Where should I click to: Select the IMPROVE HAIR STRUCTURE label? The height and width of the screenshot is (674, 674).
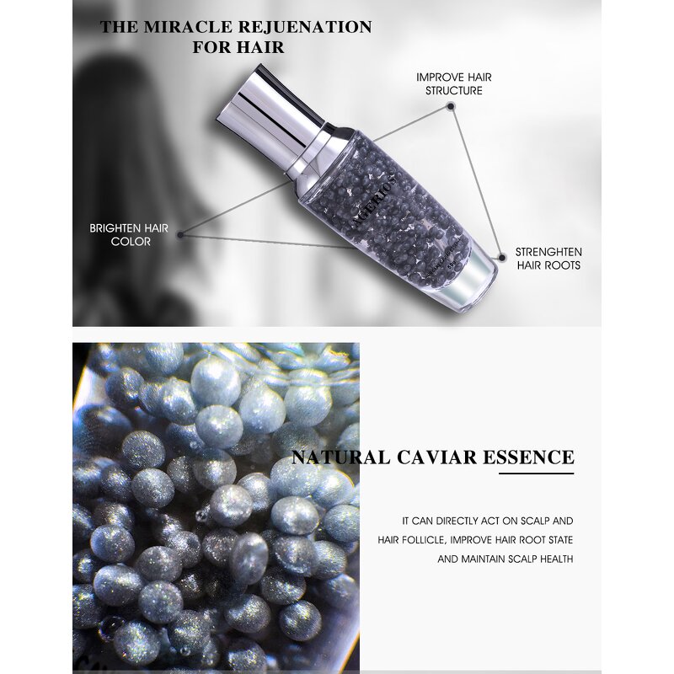pos(454,83)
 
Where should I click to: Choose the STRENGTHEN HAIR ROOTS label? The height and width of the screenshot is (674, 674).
pos(548,259)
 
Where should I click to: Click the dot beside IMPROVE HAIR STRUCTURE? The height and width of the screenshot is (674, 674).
pos(452,107)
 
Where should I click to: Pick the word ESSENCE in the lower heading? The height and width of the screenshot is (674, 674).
pos(527,458)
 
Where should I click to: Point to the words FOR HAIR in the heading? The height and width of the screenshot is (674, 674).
pos(238,47)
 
